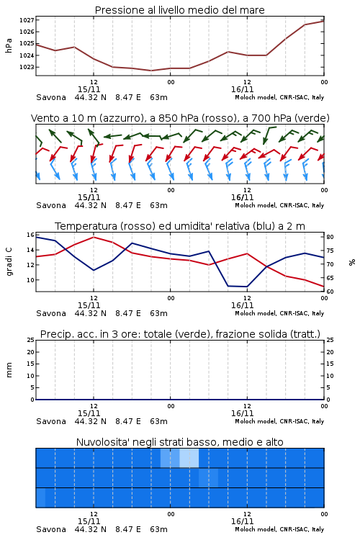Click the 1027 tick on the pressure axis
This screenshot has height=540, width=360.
coord(27,20)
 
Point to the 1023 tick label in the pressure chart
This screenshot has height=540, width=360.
coord(27,67)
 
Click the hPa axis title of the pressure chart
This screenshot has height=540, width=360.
coord(9,45)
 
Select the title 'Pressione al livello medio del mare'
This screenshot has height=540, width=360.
coord(180,10)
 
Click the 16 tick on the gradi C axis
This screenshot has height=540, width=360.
coord(30,235)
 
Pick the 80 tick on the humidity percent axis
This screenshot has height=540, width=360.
coord(330,237)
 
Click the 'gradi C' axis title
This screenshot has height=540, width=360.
coord(9,262)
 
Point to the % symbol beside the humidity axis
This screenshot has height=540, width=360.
coord(352,262)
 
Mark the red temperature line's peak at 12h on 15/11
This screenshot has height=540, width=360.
coord(94,237)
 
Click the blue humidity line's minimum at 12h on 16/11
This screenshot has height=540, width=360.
coord(247,287)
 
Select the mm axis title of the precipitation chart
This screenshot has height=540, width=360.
coord(9,370)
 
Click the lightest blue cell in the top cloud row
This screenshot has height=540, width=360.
coord(189,458)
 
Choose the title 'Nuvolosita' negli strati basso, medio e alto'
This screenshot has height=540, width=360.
coord(180,442)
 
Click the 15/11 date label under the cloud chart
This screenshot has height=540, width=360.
coord(89,521)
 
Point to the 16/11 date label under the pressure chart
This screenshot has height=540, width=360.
coord(243,89)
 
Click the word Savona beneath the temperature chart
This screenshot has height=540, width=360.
coord(51,313)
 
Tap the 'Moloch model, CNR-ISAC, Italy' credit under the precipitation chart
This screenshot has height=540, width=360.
coord(279,421)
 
